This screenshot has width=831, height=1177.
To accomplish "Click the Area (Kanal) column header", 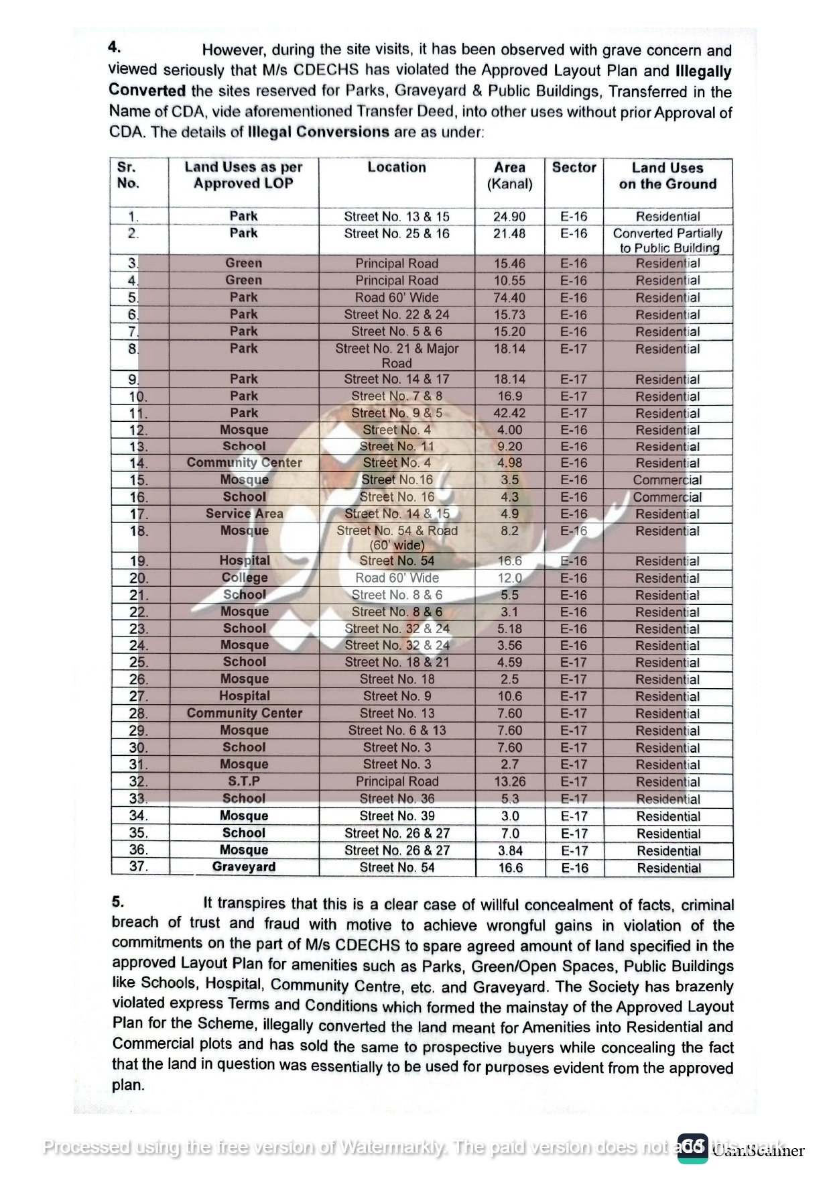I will coord(509,176).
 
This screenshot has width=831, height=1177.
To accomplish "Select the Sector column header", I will coord(574,168).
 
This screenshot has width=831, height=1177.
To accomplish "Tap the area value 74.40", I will coord(509,298).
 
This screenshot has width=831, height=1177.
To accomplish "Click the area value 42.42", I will coord(509,413).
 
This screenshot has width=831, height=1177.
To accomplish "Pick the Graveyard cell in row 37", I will coord(243,867).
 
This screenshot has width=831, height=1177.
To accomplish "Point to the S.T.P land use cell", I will coord(243,781).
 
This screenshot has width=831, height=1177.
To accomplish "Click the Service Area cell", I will coord(244,514).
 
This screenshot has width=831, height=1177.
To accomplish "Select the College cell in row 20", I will coord(244,578).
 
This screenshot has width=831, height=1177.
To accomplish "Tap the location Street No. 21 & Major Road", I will coord(397,355).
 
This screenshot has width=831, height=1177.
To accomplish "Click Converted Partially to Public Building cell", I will coord(667,241).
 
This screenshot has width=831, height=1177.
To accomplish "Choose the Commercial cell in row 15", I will coord(667,480).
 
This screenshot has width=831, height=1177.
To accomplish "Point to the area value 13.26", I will coord(509,782).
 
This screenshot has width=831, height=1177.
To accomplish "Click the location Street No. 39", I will coord(397,816).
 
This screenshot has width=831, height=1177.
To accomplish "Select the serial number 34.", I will coord(138,816).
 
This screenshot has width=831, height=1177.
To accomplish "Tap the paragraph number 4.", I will coord(115,47).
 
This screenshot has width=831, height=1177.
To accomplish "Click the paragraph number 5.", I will coord(117,902).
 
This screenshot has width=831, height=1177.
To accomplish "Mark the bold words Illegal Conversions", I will coord(318,131).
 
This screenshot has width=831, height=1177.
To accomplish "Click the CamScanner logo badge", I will coord(692,1148).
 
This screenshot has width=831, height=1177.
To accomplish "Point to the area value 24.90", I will coord(509,217).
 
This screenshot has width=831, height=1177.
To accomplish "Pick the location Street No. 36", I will coord(397,799).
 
